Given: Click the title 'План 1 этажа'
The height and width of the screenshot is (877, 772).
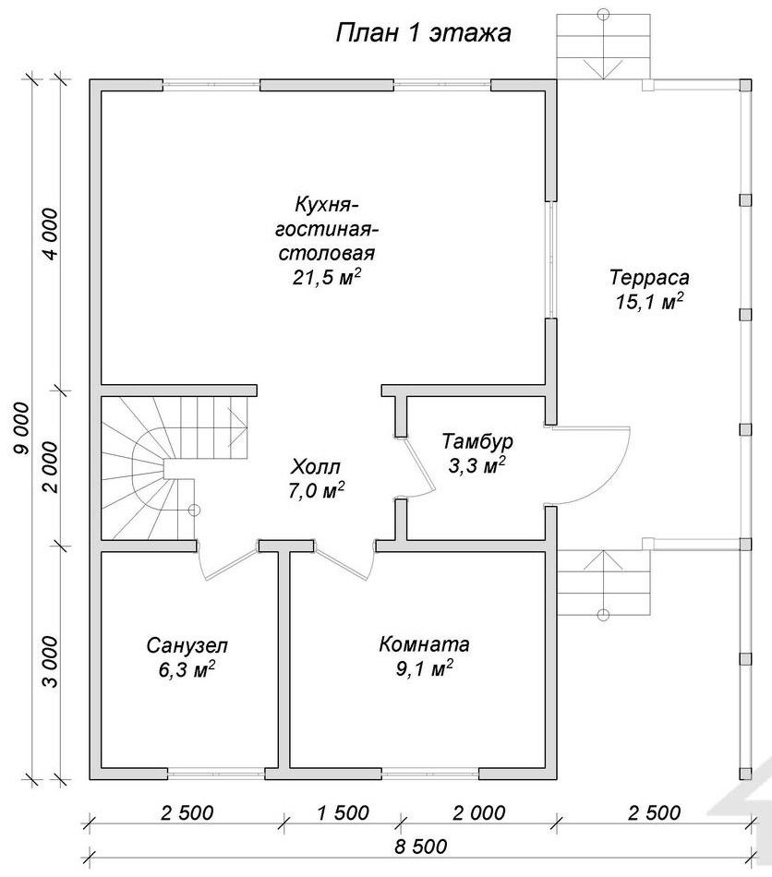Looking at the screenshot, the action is click(x=424, y=33).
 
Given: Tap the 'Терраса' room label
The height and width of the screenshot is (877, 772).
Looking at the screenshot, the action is click(x=649, y=278).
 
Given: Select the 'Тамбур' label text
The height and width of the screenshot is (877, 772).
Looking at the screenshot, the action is click(x=477, y=441).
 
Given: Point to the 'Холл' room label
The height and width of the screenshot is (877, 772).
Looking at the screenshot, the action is click(x=316, y=466).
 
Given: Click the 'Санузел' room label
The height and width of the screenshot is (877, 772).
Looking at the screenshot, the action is click(x=187, y=646).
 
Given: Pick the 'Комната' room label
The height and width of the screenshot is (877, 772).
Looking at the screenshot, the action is click(x=424, y=644).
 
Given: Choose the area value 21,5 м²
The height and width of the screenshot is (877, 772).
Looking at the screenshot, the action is click(x=326, y=278).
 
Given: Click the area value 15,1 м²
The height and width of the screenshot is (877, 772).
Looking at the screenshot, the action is click(x=649, y=302).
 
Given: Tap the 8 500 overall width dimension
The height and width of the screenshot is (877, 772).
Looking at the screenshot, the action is click(x=421, y=847).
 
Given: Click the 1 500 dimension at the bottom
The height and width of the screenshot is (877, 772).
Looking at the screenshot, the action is click(x=344, y=812).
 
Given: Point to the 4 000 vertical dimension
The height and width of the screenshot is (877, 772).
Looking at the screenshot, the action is click(x=51, y=234).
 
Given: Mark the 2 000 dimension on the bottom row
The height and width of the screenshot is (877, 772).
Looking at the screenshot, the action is click(x=479, y=812).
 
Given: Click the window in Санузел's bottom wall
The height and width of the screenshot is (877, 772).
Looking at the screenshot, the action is click(x=216, y=775).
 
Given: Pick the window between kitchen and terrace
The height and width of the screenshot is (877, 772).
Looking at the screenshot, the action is click(x=551, y=260).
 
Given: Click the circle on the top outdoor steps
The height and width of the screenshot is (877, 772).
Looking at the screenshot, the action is click(x=603, y=14).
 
